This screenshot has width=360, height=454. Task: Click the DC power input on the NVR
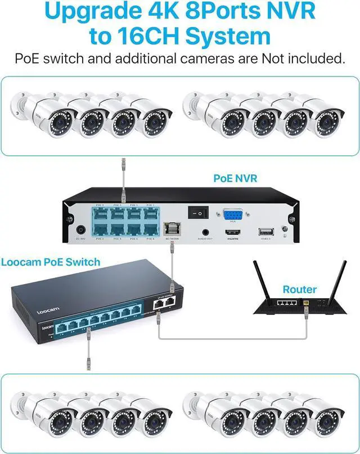(81, 230)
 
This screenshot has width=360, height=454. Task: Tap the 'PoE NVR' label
(235, 178)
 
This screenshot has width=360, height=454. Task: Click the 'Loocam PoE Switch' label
(51, 262)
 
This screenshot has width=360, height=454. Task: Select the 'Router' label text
(299, 289)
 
